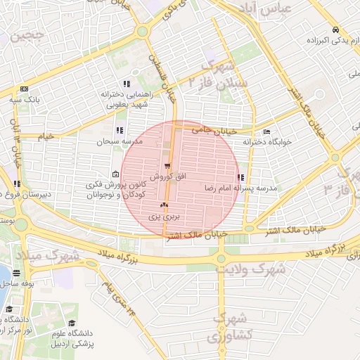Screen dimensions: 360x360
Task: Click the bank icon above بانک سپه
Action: (24, 89)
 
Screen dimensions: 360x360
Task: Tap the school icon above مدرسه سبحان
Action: (120, 130)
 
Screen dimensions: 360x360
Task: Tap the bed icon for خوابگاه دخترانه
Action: (266, 131)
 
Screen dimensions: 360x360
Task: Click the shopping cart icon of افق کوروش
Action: (167, 167)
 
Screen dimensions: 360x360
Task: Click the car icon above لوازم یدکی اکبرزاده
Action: (339, 30)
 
